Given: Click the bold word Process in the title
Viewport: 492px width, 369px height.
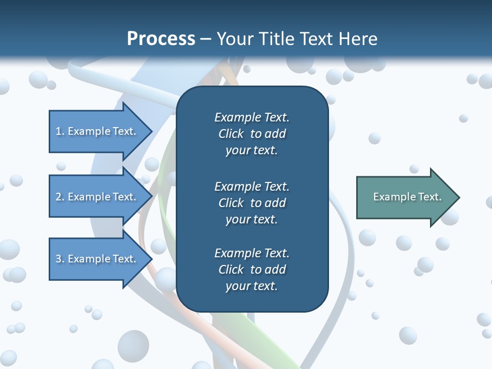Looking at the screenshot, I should pos(161,38).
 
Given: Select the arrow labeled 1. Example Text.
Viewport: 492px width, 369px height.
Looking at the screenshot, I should pos(97,131).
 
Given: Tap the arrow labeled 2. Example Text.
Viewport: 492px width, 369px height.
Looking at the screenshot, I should pos(97,197).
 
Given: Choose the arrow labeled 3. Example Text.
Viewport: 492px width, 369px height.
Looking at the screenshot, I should pos(97,259).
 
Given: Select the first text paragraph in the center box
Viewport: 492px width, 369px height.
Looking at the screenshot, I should pos(252,134).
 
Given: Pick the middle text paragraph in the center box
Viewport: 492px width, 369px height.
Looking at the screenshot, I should pos(252,202).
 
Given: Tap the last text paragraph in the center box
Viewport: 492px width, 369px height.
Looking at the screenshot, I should pos(252,270).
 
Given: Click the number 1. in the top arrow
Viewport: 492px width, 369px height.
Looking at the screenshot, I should pos(60,131).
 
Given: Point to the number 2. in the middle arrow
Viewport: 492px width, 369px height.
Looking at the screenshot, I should pos(60,197).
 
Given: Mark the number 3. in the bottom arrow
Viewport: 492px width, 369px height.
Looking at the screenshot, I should pos(60,259).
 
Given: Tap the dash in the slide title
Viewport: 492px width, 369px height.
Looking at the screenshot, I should pos(206,39).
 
